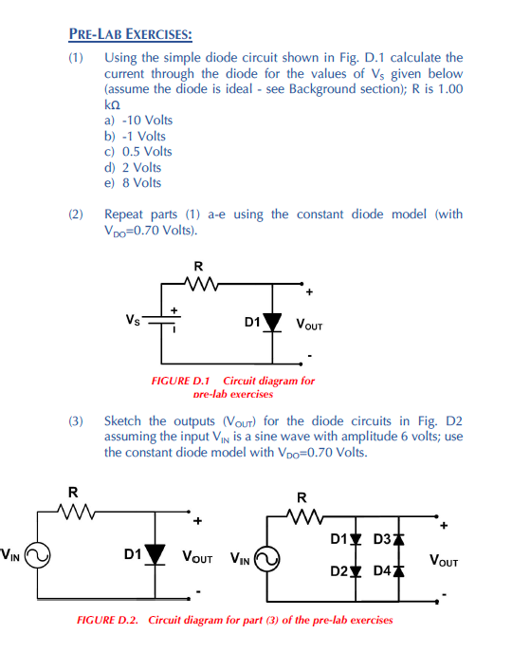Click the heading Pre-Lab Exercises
click(130, 35)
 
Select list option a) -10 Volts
click(138, 121)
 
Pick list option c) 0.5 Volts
click(138, 151)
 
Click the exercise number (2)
click(77, 214)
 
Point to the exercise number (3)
click(77, 420)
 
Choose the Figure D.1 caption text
click(233, 386)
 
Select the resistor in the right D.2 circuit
click(303, 518)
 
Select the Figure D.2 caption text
click(234, 620)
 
